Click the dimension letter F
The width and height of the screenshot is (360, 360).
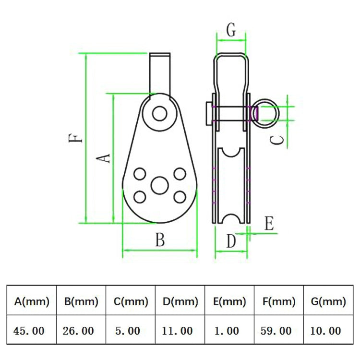76,138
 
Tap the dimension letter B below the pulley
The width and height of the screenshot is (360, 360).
160,240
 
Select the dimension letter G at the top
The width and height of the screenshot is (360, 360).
231,30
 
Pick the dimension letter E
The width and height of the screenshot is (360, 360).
269,224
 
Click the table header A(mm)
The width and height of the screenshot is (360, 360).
32,301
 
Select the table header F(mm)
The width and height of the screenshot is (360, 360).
279,301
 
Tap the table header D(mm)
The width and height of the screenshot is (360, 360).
180,301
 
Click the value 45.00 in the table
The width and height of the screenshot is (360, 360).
30,331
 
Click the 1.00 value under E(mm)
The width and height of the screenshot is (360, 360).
226,331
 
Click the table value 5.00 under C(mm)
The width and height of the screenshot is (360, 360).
128,331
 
